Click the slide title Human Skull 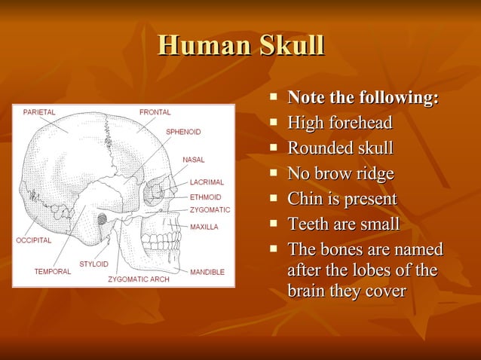240,45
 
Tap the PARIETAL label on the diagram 38,112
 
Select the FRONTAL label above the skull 155,112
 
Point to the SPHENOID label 183,132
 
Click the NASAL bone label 195,160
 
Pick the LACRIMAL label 207,182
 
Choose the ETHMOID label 205,197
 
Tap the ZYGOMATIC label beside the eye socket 210,209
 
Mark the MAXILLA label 204,226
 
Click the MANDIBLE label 207,272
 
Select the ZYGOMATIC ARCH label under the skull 139,279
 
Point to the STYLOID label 93,264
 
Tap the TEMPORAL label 53,272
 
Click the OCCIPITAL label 34,240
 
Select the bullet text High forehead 340,123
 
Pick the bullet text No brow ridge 341,174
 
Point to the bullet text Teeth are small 344,225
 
